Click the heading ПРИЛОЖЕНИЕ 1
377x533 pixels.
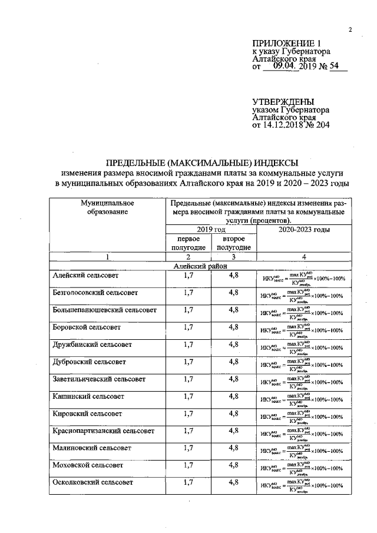[x=286, y=43]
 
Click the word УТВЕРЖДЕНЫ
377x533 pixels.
[x=283, y=101]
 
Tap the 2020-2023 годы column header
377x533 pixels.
[x=303, y=230]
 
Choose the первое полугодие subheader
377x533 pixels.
[x=188, y=243]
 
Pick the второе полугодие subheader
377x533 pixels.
[x=233, y=243]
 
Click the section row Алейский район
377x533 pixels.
[x=201, y=266]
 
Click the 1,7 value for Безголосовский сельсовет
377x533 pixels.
[x=188, y=292]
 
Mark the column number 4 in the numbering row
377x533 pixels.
[x=303, y=257]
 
